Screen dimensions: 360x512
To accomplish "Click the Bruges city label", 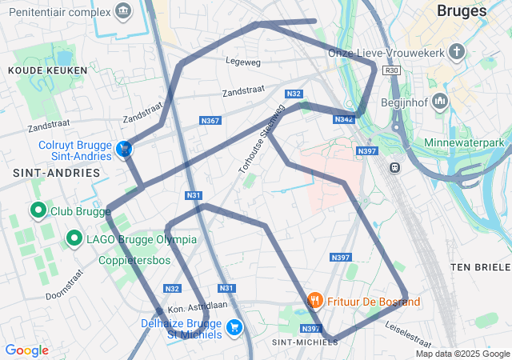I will click(462, 11).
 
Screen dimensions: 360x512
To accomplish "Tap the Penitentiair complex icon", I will click(123, 10).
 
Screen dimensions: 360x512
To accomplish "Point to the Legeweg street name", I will click(243, 62).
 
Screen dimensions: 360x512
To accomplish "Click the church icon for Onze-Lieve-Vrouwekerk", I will click(457, 53).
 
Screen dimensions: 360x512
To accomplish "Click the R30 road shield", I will click(391, 70).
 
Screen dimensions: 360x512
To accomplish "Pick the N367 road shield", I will click(210, 121).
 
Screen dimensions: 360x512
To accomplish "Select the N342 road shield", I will click(344, 119).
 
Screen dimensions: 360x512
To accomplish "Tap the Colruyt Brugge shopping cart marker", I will click(124, 150).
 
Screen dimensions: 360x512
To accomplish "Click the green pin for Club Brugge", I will click(37, 211).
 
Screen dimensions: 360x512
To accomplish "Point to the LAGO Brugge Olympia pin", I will click(74, 238).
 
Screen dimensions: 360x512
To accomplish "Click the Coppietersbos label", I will click(134, 260).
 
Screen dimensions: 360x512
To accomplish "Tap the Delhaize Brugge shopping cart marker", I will click(234, 326).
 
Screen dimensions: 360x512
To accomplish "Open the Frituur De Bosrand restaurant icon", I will click(315, 301).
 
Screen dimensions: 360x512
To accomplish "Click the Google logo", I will click(26, 350).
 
